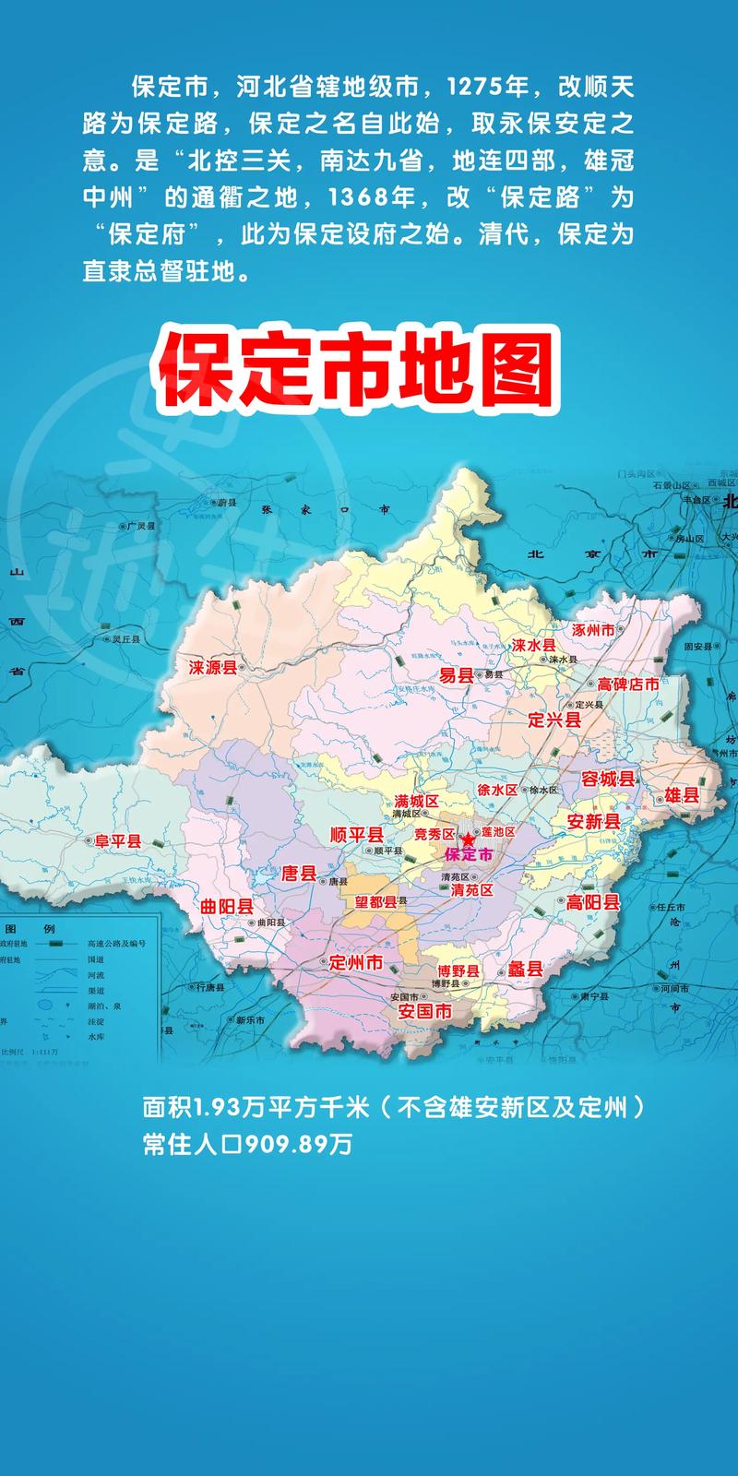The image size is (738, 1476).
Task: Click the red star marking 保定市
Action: pyautogui.click(x=469, y=840)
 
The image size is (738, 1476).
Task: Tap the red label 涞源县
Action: pyautogui.click(x=213, y=667)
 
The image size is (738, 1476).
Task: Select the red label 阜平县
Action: pyautogui.click(x=118, y=840)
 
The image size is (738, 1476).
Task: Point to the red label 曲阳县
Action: pyautogui.click(x=227, y=907)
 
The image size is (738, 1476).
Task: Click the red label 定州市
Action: pyautogui.click(x=356, y=962)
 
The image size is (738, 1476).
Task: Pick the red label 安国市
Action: pyautogui.click(x=425, y=1011)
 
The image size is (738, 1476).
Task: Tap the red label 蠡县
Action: pyautogui.click(x=526, y=969)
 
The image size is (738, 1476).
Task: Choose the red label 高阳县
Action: pyautogui.click(x=593, y=902)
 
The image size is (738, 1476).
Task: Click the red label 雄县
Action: pyautogui.click(x=682, y=795)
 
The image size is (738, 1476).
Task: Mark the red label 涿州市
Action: pyautogui.click(x=593, y=630)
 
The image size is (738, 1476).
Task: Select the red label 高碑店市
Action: pyautogui.click(x=628, y=684)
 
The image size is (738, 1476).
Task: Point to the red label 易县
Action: pyautogui.click(x=456, y=675)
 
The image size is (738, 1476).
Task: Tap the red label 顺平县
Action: pyautogui.click(x=356, y=835)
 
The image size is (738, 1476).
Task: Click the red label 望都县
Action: pyautogui.click(x=375, y=901)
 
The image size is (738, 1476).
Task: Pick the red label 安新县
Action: pyautogui.click(x=593, y=821)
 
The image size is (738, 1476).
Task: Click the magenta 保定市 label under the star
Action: pyautogui.click(x=469, y=855)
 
